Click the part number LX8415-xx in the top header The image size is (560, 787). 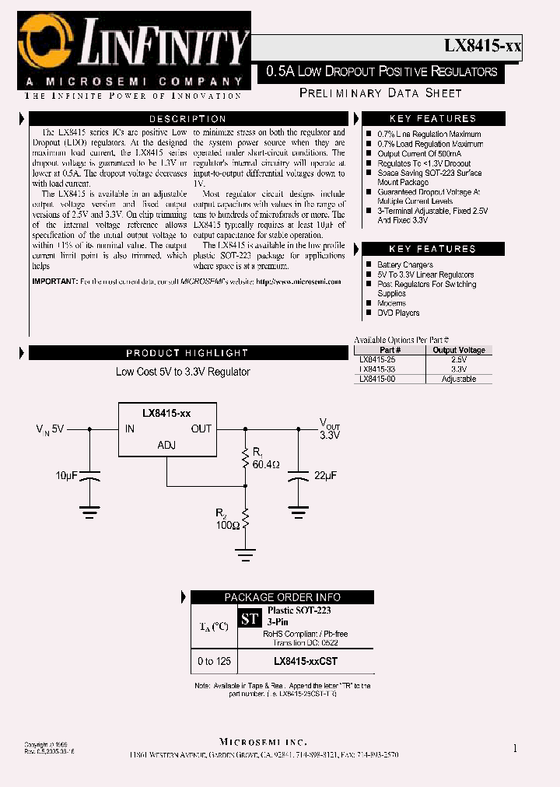pos(482,45)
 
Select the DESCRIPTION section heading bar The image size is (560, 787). pos(187,119)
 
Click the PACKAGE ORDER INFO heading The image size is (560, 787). pos(282,597)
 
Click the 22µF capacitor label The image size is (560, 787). pos(325,474)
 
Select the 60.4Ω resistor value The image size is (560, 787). pos(264,464)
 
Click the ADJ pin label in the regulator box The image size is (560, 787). pos(166,445)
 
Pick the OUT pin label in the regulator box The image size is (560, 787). pos(201,428)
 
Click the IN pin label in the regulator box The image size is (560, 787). pos(130,428)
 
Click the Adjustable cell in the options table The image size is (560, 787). pos(458,379)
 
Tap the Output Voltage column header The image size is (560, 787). pos(458,350)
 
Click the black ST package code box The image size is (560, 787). pos(250,619)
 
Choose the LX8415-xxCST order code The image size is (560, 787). pos(306,661)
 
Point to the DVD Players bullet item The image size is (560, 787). pos(398,313)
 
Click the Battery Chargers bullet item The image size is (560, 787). pos(404,265)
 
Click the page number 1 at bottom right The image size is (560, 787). pos(515,748)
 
